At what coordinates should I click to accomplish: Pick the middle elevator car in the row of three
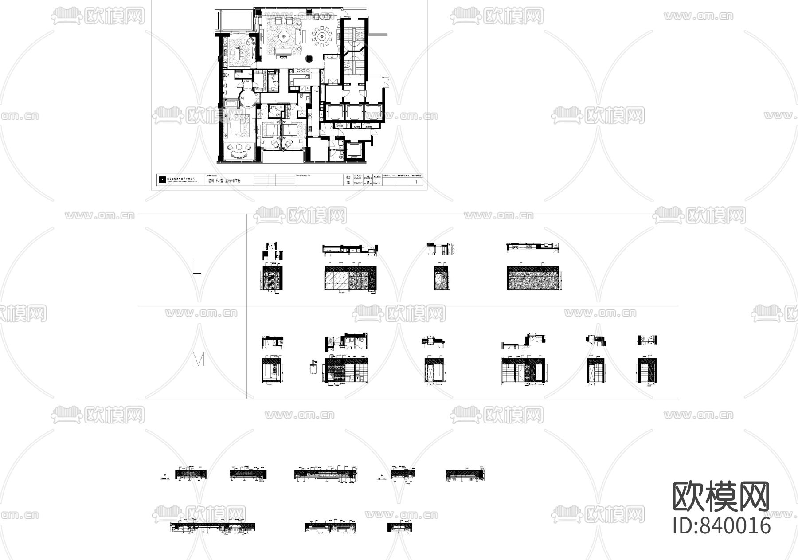pos(354,111)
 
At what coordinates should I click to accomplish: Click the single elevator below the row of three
pos(353,151)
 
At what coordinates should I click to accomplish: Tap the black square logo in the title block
pos(162,180)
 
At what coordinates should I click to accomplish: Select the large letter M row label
pos(198,360)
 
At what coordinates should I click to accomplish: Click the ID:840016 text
pos(721,525)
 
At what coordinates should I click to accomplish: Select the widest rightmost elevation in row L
pos(532,278)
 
